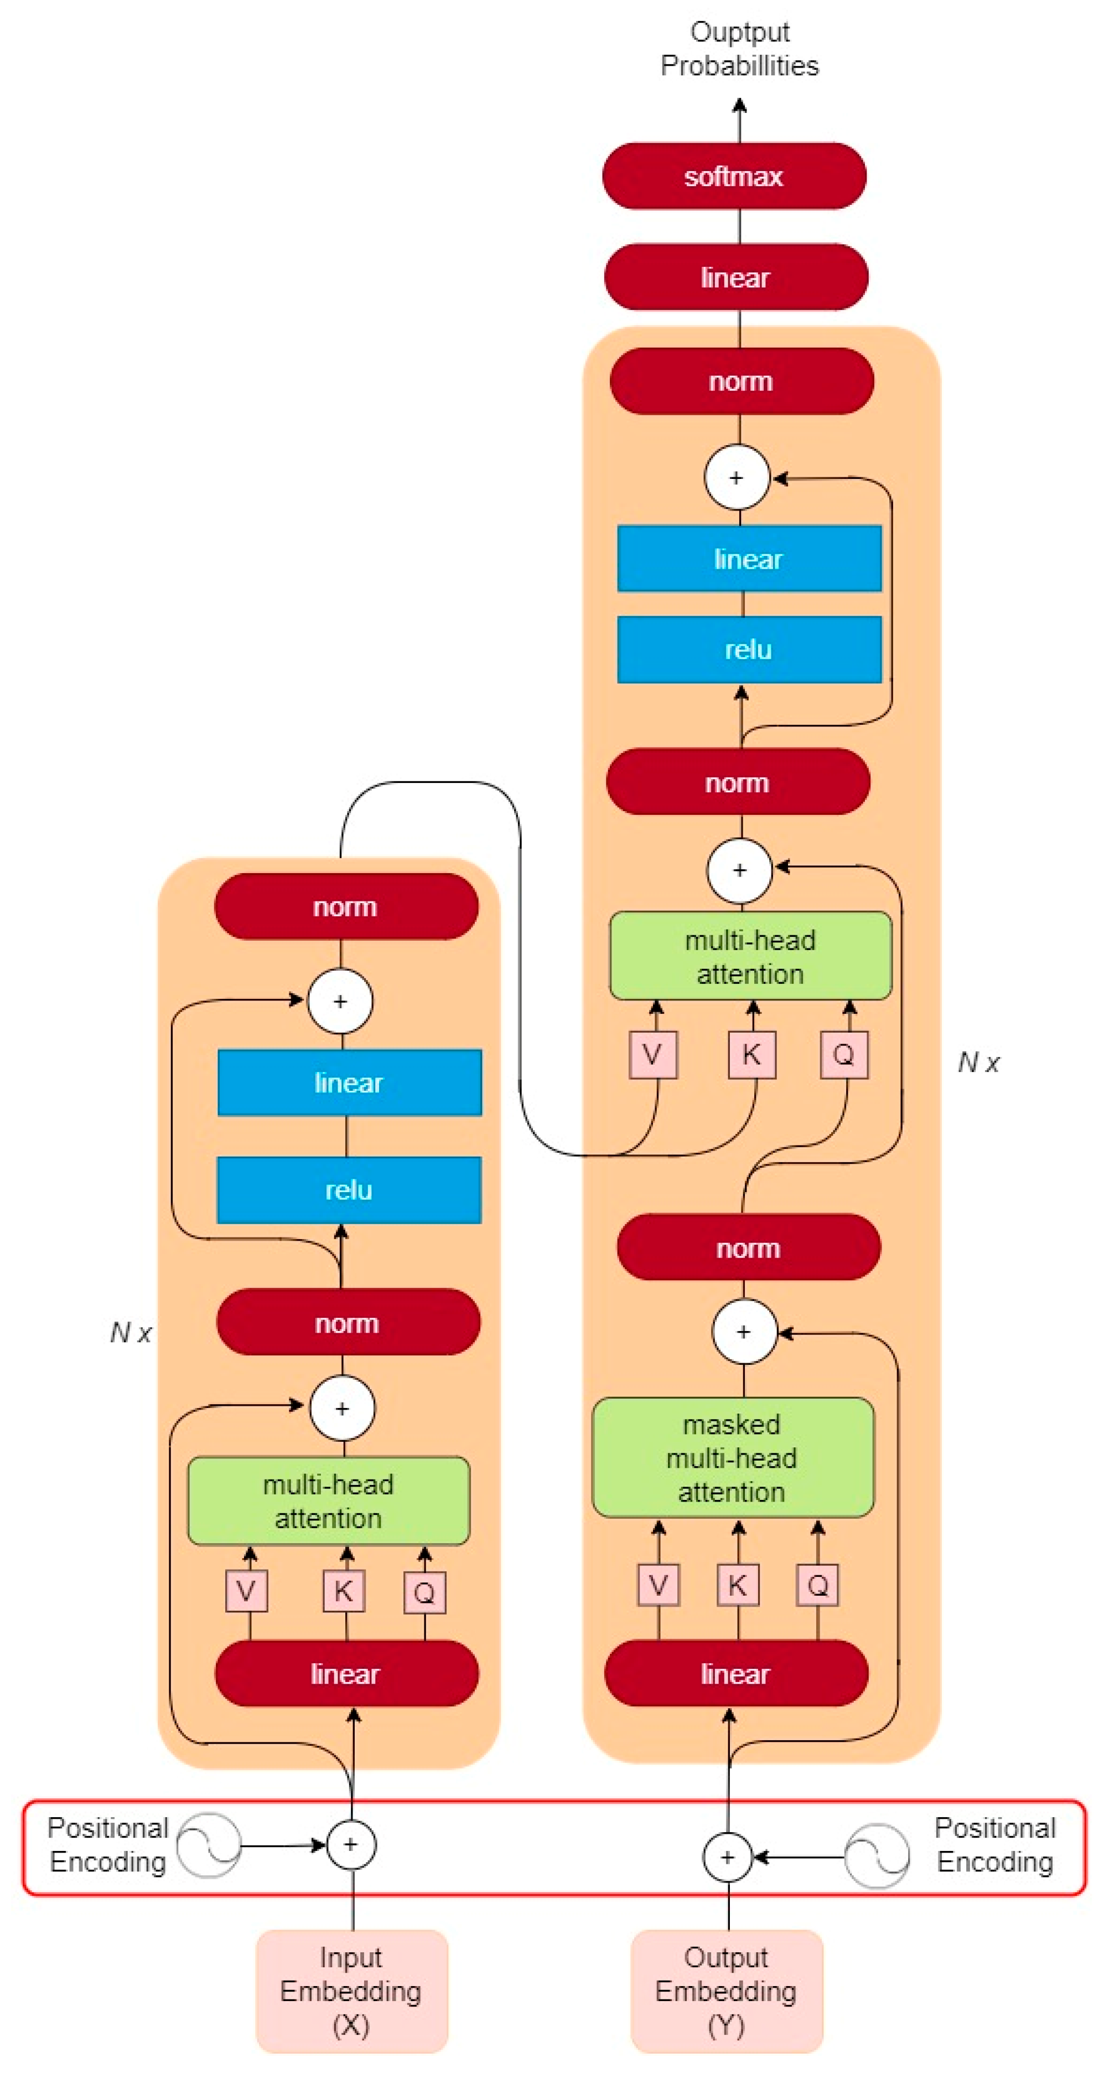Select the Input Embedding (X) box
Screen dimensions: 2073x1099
pos(351,1991)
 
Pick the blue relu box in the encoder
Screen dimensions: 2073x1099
pos(349,1190)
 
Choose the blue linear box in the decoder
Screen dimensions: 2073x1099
pos(748,559)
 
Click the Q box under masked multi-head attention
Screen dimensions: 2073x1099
pos(817,1585)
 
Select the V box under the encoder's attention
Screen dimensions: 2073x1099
pos(246,1590)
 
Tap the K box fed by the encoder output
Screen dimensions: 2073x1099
pos(751,1054)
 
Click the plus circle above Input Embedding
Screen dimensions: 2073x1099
pos(351,1844)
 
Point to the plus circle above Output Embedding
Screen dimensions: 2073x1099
pos(727,1857)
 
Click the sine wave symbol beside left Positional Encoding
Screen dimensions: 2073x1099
pos(209,1844)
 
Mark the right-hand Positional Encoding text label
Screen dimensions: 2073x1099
pos(994,1844)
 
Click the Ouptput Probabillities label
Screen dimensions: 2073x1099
pos(739,48)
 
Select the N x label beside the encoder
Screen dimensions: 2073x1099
pos(131,1333)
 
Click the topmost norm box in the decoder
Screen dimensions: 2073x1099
pos(741,381)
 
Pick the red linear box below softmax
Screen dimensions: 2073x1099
pos(735,277)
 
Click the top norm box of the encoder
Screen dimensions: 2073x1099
pos(345,907)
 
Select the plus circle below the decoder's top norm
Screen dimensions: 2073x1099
pos(736,477)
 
